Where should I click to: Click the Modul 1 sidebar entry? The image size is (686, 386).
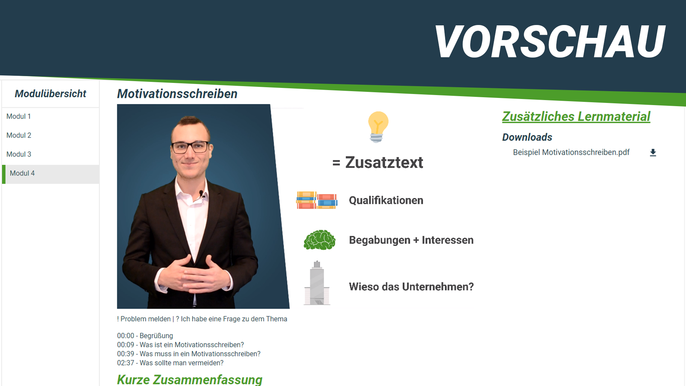(19, 117)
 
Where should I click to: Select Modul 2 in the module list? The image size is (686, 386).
(19, 135)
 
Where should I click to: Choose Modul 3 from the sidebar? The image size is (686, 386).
(19, 154)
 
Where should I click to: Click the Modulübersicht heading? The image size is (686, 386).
(50, 94)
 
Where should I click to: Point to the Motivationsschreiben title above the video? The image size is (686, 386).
(177, 94)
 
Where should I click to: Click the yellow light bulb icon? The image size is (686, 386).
(378, 127)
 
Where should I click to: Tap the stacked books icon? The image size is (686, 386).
(317, 200)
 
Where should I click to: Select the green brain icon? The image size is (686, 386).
(319, 240)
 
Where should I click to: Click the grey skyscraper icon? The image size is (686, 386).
(317, 283)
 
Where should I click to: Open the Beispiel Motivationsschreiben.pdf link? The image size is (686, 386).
(571, 152)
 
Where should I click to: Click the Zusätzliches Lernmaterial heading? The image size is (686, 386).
(576, 117)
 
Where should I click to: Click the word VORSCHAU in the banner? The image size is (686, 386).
(550, 41)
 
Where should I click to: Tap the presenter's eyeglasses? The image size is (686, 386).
(190, 147)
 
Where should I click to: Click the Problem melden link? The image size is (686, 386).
(144, 319)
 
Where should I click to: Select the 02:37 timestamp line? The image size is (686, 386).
(170, 363)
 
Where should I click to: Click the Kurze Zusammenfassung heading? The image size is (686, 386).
(190, 380)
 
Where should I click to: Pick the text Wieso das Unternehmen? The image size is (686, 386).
(411, 287)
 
